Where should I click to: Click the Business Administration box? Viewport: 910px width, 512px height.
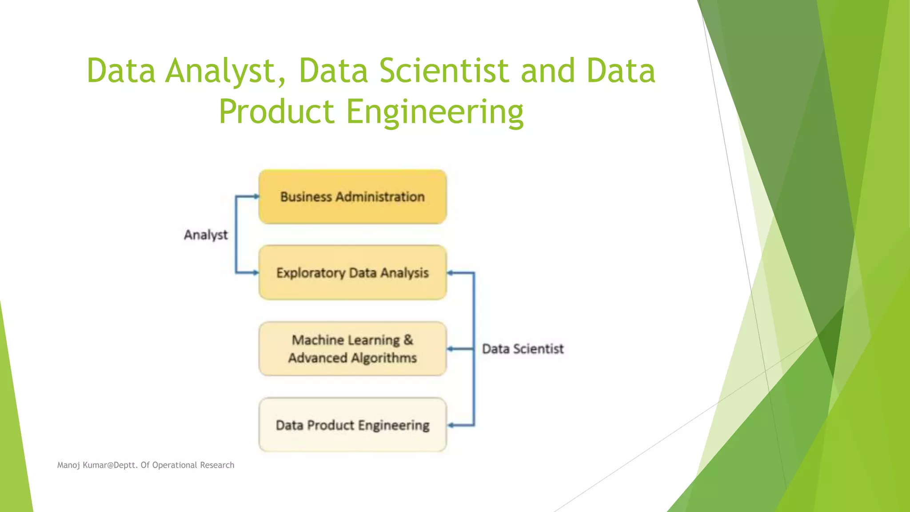[x=352, y=196]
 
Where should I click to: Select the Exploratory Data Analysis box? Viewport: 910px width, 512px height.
[x=352, y=272]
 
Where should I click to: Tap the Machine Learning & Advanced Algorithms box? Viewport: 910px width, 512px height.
[x=352, y=349]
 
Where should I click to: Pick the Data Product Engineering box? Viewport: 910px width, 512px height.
[x=352, y=425]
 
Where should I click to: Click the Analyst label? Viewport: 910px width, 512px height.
[x=206, y=235]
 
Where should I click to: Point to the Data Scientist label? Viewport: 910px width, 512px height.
[x=523, y=349]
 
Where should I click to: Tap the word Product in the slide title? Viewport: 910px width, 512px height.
[x=276, y=112]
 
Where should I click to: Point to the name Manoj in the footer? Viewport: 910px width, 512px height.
[x=68, y=465]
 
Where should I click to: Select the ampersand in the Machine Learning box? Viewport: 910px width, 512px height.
[x=408, y=340]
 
